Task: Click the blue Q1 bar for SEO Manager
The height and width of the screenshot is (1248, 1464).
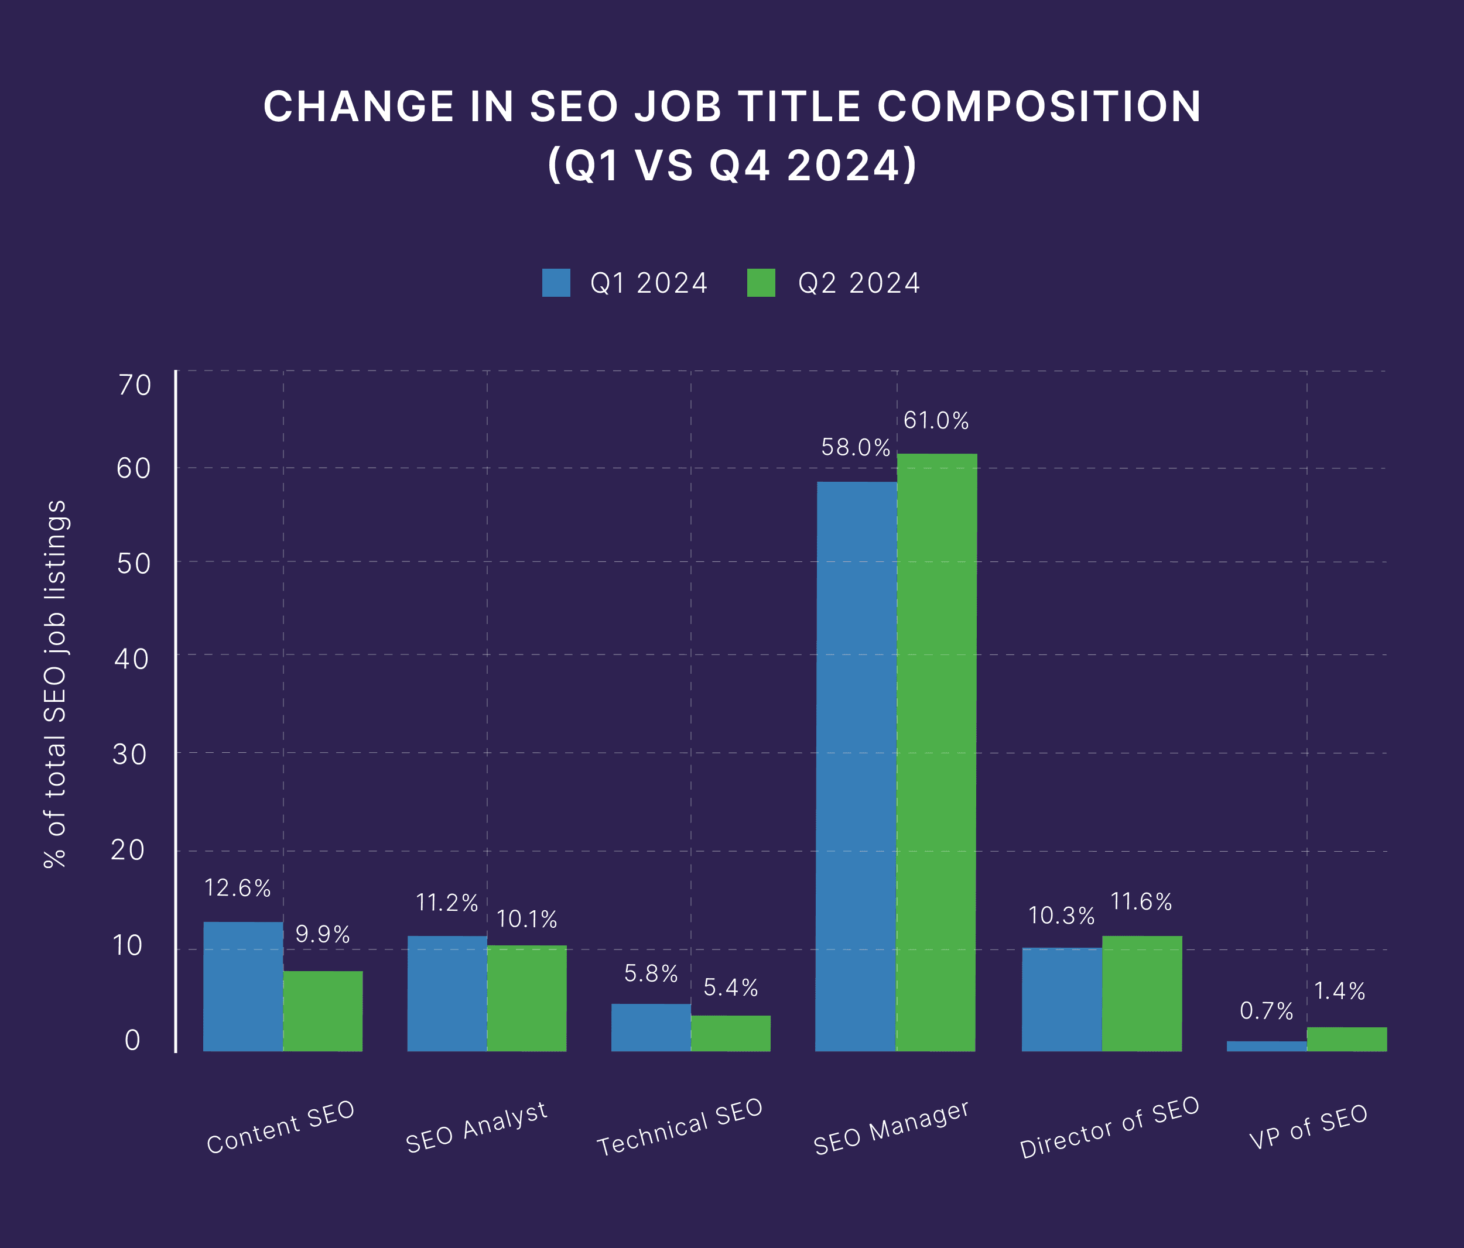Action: [856, 766]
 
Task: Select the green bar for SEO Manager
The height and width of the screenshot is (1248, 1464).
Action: [937, 752]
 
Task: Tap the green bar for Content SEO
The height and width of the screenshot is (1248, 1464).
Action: [323, 1011]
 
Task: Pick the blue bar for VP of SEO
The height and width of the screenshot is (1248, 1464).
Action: [1266, 1046]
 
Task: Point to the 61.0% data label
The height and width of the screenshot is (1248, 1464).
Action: [936, 421]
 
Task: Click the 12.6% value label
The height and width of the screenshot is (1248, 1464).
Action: [237, 889]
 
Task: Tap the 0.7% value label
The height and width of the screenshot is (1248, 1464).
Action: [1266, 1012]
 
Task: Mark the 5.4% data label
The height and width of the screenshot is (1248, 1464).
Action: [731, 988]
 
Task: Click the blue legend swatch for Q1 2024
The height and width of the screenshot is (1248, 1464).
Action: [556, 283]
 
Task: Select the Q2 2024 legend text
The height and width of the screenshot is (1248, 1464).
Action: [858, 283]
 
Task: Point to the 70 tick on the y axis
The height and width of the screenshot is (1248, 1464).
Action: [134, 386]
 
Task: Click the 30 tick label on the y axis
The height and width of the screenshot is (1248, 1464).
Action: [130, 755]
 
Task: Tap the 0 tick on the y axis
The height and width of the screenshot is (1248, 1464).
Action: [132, 1040]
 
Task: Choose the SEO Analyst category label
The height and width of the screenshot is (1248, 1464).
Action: [476, 1128]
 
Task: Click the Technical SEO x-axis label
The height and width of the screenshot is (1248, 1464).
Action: [680, 1127]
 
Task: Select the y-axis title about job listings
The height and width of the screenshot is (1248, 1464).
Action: [55, 684]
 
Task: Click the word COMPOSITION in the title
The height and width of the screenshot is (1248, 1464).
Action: [1039, 107]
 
